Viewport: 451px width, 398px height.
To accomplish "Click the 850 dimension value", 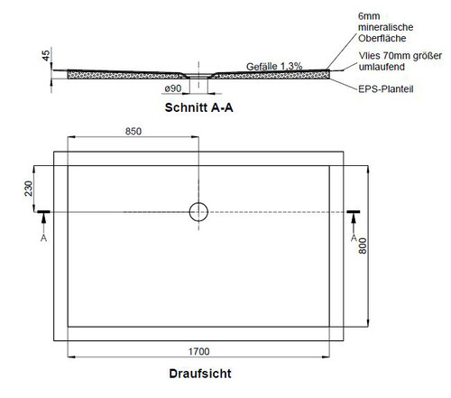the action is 133,132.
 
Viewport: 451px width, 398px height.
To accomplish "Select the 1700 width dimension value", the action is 198,351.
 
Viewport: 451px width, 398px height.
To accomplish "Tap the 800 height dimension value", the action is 363,245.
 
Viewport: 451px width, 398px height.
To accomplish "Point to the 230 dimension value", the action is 28,189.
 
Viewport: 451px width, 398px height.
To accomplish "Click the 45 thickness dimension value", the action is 46,56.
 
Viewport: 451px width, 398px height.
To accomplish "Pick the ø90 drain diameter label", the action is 173,88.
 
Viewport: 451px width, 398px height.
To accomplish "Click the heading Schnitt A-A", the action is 199,107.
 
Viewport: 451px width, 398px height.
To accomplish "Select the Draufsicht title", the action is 200,374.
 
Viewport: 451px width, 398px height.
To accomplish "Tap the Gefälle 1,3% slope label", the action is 274,67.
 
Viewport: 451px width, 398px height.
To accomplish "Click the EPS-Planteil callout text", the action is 386,89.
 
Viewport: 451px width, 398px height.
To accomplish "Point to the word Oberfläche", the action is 382,38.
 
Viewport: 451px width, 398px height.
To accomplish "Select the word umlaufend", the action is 382,67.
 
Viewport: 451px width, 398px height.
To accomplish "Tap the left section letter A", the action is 43,238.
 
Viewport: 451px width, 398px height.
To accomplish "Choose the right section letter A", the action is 354,238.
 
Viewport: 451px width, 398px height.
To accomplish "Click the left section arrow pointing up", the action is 44,223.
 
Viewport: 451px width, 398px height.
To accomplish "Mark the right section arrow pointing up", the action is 354,223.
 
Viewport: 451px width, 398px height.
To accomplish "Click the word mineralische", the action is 385,27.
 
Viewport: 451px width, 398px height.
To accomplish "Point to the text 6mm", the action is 369,16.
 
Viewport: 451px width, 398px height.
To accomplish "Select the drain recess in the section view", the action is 198,74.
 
